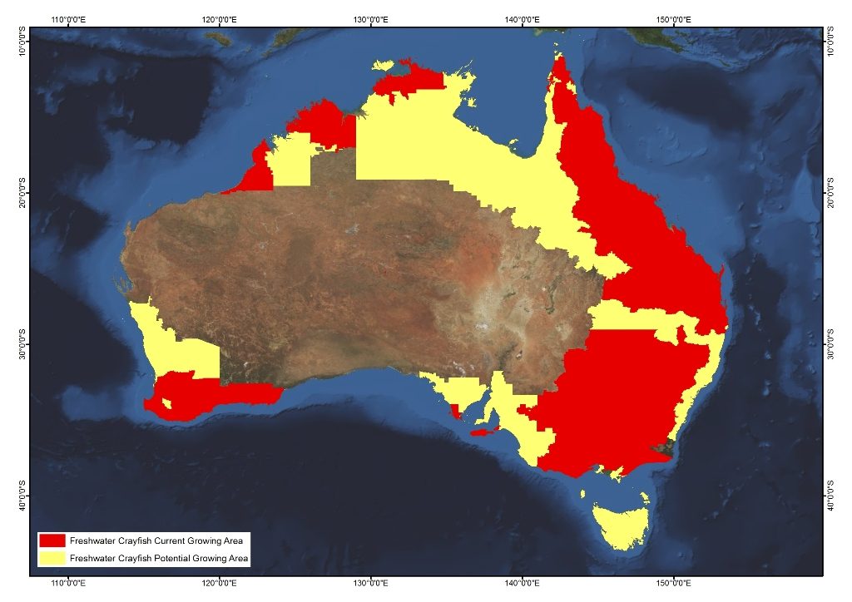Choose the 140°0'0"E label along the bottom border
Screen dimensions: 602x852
(522, 585)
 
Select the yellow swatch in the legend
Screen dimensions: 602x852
(52, 557)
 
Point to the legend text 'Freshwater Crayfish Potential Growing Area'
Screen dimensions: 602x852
(158, 558)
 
